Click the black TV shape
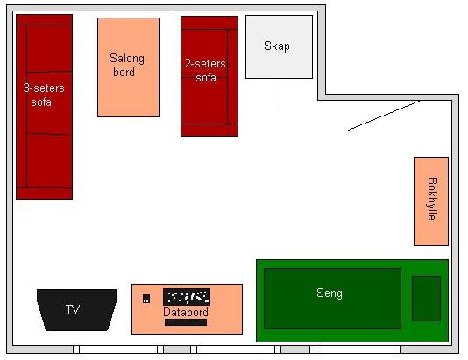(x=77, y=309)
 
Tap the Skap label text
(x=277, y=46)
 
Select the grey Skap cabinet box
(x=279, y=46)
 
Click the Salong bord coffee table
(x=128, y=67)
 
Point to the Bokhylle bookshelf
(x=431, y=201)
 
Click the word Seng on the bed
(x=330, y=293)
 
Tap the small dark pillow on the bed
(x=426, y=299)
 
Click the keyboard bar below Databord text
(x=186, y=322)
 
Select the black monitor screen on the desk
(x=187, y=297)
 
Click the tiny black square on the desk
(x=146, y=299)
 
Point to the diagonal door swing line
(x=384, y=116)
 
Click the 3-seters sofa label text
(x=43, y=95)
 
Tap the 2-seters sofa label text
(x=205, y=71)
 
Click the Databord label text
(x=186, y=313)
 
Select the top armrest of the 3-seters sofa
(x=44, y=19)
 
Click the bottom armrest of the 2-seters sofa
(x=209, y=130)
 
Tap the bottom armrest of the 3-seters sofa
(x=44, y=194)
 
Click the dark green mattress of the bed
(x=332, y=299)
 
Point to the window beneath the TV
(x=118, y=349)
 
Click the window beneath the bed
(x=355, y=349)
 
